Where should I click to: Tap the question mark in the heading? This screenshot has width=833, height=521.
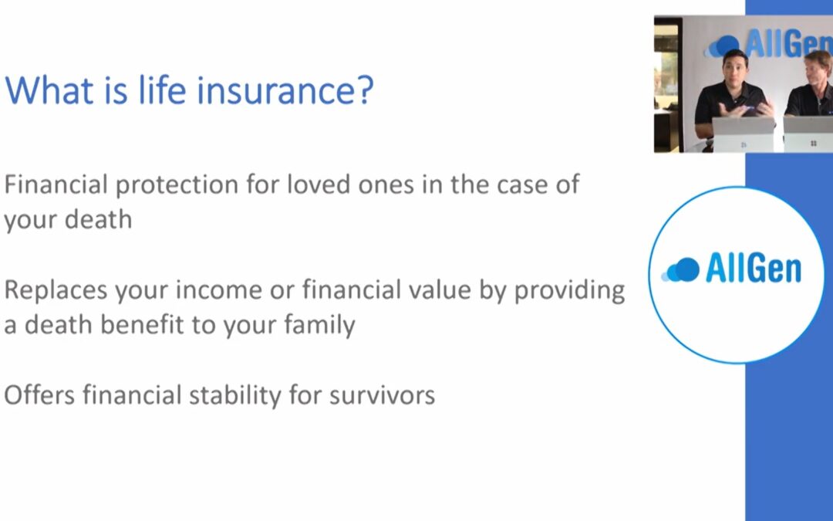(363, 90)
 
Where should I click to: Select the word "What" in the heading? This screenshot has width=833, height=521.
(49, 90)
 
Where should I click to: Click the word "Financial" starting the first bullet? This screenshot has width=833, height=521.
(56, 184)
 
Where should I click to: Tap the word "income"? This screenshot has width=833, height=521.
(218, 289)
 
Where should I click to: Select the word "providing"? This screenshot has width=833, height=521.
(569, 291)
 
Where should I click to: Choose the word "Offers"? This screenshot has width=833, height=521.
(39, 395)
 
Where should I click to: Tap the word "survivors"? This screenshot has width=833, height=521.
(382, 395)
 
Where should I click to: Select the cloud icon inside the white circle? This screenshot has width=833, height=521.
(680, 269)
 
